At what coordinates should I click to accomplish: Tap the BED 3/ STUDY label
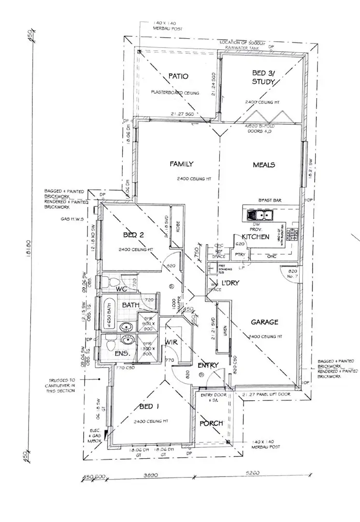[263, 77]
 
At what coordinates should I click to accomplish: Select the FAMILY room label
[181, 164]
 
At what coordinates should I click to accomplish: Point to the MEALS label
[264, 165]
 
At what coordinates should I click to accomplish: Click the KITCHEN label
[256, 237]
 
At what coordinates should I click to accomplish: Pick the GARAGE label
[264, 322]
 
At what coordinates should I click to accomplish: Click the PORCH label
[212, 423]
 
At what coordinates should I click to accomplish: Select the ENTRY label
[208, 365]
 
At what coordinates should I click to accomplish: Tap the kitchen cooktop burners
[293, 235]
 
